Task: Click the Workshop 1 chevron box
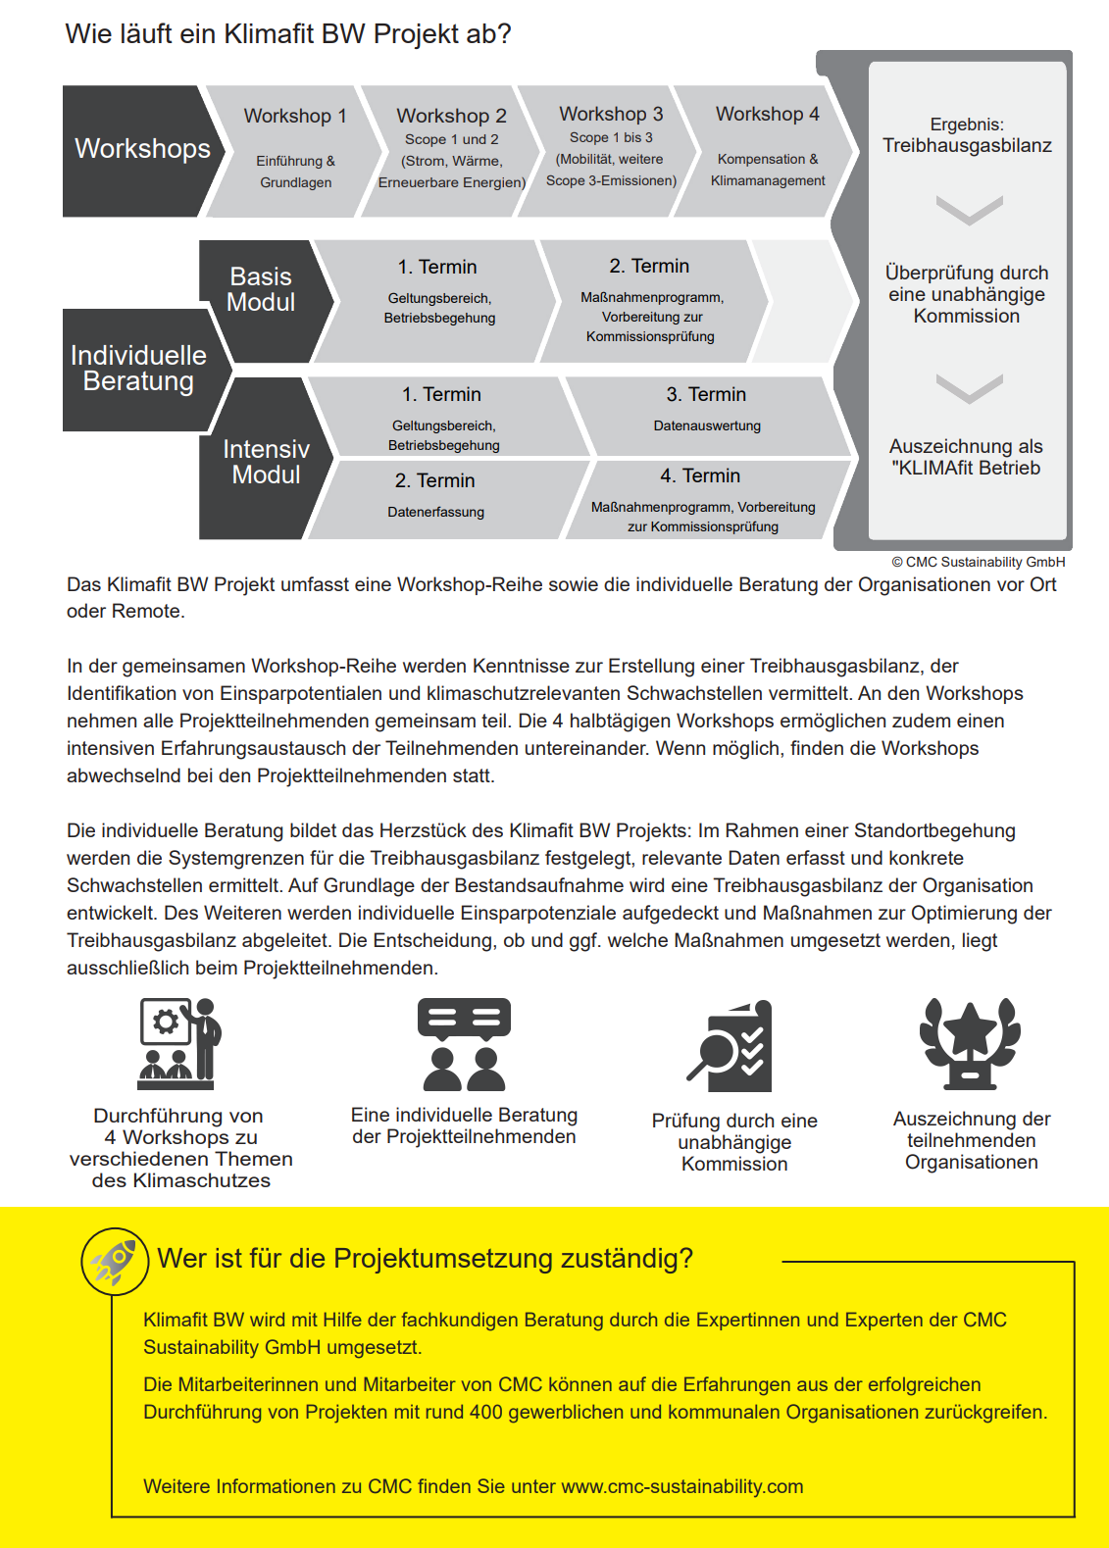pyautogui.click(x=294, y=150)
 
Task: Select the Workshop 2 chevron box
pyautogui.click(x=451, y=150)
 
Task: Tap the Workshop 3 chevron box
pyautogui.click(x=610, y=149)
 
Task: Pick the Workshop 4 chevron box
pyautogui.click(x=767, y=149)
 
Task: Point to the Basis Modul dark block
pyautogui.click(x=261, y=290)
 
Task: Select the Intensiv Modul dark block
pyautogui.click(x=265, y=462)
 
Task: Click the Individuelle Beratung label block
pyautogui.click(x=138, y=369)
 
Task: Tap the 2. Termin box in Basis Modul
pyautogui.click(x=651, y=301)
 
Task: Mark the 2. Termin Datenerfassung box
pyautogui.click(x=436, y=496)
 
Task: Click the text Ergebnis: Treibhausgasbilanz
pyautogui.click(x=967, y=136)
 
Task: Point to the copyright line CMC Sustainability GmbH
pyautogui.click(x=978, y=562)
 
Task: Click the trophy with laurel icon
pyautogui.click(x=970, y=1044)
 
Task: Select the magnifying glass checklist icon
pyautogui.click(x=731, y=1046)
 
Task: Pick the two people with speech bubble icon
pyautogui.click(x=464, y=1045)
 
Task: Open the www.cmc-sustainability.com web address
pyautogui.click(x=681, y=1486)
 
